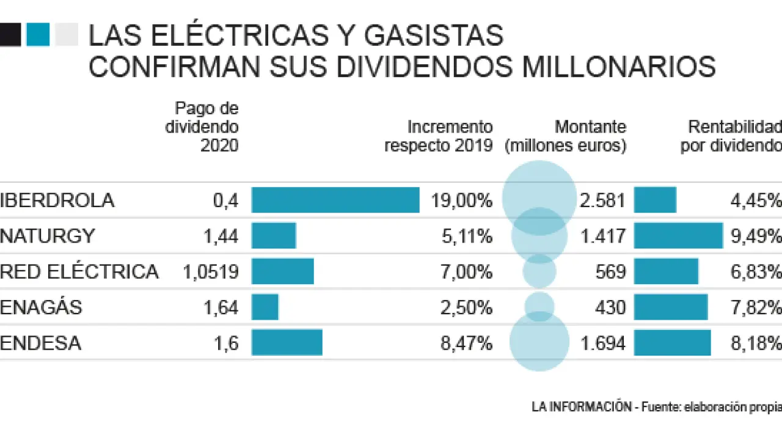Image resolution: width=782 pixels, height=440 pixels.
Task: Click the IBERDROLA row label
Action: pyautogui.click(x=57, y=200)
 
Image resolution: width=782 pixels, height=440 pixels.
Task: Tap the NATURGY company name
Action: pyautogui.click(x=48, y=236)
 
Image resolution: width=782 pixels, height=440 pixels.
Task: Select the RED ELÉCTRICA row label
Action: pyautogui.click(x=79, y=271)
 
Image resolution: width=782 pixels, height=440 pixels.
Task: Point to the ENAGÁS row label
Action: pyautogui.click(x=41, y=307)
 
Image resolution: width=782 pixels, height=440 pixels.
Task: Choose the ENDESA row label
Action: pyautogui.click(x=41, y=343)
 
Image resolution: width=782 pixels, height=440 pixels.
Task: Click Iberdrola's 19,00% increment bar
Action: pyautogui.click(x=335, y=200)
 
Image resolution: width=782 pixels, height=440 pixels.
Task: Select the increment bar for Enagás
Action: pyautogui.click(x=265, y=307)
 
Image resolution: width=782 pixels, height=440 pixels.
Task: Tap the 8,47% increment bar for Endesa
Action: pyautogui.click(x=287, y=342)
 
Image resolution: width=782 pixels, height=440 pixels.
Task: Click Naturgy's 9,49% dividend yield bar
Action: pyautogui.click(x=678, y=235)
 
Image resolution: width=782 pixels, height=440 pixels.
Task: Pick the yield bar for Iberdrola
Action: pyautogui.click(x=655, y=200)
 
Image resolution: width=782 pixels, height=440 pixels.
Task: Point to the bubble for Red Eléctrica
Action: pyautogui.click(x=539, y=271)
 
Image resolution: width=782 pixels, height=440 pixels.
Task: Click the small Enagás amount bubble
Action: pyautogui.click(x=539, y=307)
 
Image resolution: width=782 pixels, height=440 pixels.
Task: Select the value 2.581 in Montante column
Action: pyautogui.click(x=603, y=200)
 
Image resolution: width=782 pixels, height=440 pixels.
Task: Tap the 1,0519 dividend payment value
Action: pyautogui.click(x=210, y=271)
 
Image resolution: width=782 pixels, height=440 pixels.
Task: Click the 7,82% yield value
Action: pyautogui.click(x=756, y=307)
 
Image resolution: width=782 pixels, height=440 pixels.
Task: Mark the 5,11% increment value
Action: pyautogui.click(x=467, y=236)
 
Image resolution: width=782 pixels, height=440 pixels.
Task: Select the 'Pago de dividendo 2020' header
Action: pyautogui.click(x=202, y=127)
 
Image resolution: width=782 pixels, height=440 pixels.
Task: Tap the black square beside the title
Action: pyautogui.click(x=10, y=35)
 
